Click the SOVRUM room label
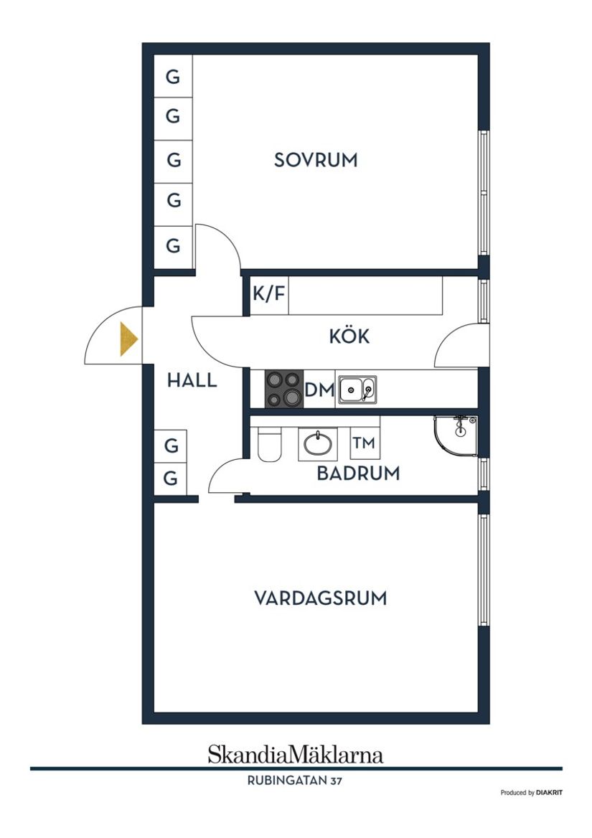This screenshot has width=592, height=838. (316, 160)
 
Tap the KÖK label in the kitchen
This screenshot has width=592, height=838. (349, 336)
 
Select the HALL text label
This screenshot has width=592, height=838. (192, 380)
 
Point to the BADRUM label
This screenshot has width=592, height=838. (358, 474)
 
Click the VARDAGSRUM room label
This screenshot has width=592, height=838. (320, 598)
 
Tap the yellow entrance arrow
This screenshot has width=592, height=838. (128, 339)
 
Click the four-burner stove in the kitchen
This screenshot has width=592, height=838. (284, 389)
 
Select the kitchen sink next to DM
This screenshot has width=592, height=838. (357, 390)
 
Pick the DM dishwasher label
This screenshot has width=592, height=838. (319, 390)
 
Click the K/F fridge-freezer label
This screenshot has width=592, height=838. (268, 294)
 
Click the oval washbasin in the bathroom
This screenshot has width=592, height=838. (317, 443)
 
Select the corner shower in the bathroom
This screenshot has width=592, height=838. (456, 434)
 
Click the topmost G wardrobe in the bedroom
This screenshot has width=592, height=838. (173, 77)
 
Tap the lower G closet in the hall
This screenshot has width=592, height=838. (171, 479)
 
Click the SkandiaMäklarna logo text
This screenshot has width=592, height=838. (295, 754)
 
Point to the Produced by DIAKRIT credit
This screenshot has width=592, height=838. (531, 793)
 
